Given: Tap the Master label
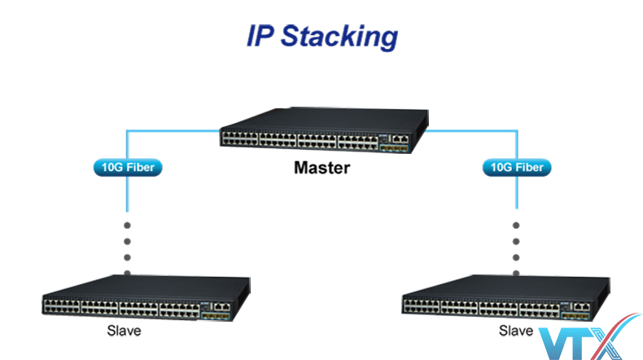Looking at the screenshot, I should (x=321, y=169).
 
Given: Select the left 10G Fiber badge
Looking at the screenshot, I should (x=127, y=169).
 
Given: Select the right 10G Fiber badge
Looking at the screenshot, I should (x=516, y=169).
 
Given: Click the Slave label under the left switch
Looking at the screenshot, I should (x=124, y=331).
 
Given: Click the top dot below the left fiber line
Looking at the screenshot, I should (x=127, y=224).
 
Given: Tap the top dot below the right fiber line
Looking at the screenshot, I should (x=516, y=224).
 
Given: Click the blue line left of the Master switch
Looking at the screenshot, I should (x=171, y=129).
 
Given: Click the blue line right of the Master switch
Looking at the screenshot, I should (x=472, y=129).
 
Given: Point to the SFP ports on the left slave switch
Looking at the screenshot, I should (x=216, y=313).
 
